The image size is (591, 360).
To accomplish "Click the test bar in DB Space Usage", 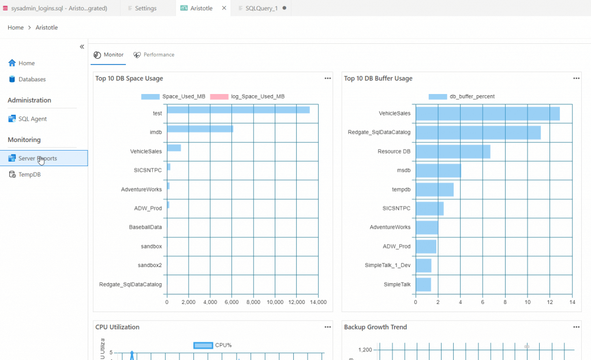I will [x=238, y=110].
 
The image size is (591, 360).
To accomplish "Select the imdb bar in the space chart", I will [x=200, y=129].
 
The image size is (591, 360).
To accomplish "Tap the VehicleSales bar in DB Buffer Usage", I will [x=487, y=114].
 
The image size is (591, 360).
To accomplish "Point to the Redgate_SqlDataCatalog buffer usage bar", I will [x=478, y=133].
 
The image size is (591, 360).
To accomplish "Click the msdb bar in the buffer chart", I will [x=438, y=171].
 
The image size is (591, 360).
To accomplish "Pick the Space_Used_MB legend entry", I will [x=173, y=96].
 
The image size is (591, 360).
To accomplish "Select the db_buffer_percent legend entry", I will [x=461, y=96].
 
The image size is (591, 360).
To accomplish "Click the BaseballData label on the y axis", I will [x=145, y=227].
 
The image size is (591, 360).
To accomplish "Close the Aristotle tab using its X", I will [x=224, y=8].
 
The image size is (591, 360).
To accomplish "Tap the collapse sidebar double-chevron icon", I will [x=82, y=47].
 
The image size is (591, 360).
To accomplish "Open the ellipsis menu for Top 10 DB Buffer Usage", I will [x=576, y=78].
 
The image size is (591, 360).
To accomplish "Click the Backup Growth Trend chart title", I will [x=375, y=327].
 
